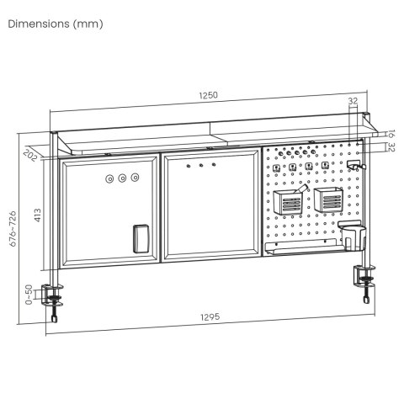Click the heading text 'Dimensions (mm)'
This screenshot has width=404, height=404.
(56, 24)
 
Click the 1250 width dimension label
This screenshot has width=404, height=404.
(208, 96)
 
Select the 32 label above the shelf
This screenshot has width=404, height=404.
(352, 102)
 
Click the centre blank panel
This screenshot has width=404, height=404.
(210, 206)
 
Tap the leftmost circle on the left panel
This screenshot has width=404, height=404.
(110, 178)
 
